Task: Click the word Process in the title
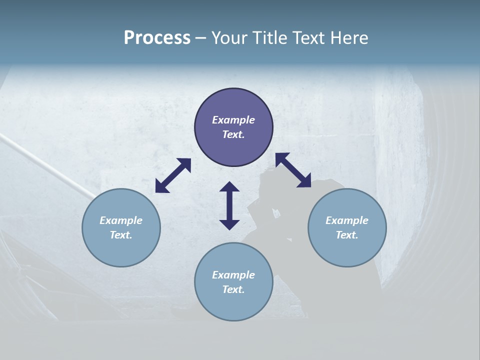(157, 38)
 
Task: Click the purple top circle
(233, 105)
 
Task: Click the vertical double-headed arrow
(229, 205)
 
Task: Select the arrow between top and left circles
(173, 175)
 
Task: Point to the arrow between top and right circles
(293, 170)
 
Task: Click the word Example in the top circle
(233, 120)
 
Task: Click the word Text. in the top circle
(233, 134)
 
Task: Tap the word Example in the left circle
(121, 220)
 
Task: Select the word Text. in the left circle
(121, 235)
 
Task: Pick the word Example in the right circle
(347, 220)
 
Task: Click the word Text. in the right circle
(347, 235)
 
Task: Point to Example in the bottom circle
(233, 275)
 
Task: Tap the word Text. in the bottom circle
(233, 289)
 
